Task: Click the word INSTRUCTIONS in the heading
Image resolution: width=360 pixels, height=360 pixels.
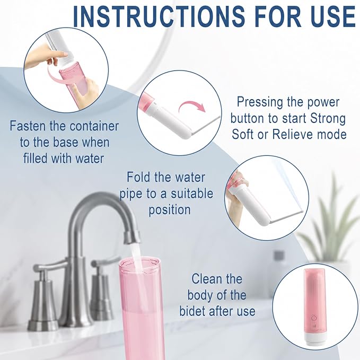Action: coord(159,16)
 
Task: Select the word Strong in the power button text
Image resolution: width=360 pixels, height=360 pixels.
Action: coord(328,118)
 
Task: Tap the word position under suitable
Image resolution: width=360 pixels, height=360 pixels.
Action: coord(170,210)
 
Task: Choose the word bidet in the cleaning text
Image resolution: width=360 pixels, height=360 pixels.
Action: coord(192,311)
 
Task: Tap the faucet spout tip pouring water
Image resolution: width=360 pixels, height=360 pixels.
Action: coord(132,238)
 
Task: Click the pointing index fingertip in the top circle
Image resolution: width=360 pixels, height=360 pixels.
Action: coord(65,54)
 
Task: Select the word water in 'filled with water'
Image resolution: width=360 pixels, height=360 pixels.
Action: coord(90,159)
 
